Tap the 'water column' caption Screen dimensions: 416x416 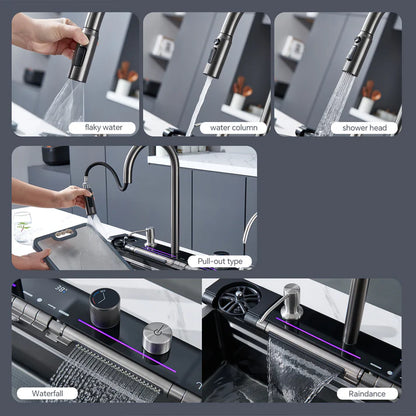click(231, 127)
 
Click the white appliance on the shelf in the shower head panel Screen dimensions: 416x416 click(292, 46)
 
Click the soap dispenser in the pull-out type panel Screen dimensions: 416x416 click(149, 235)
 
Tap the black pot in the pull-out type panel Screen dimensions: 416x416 click(56, 155)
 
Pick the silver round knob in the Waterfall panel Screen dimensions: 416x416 click(157, 337)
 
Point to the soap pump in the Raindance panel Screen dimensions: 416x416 click(291, 299)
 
